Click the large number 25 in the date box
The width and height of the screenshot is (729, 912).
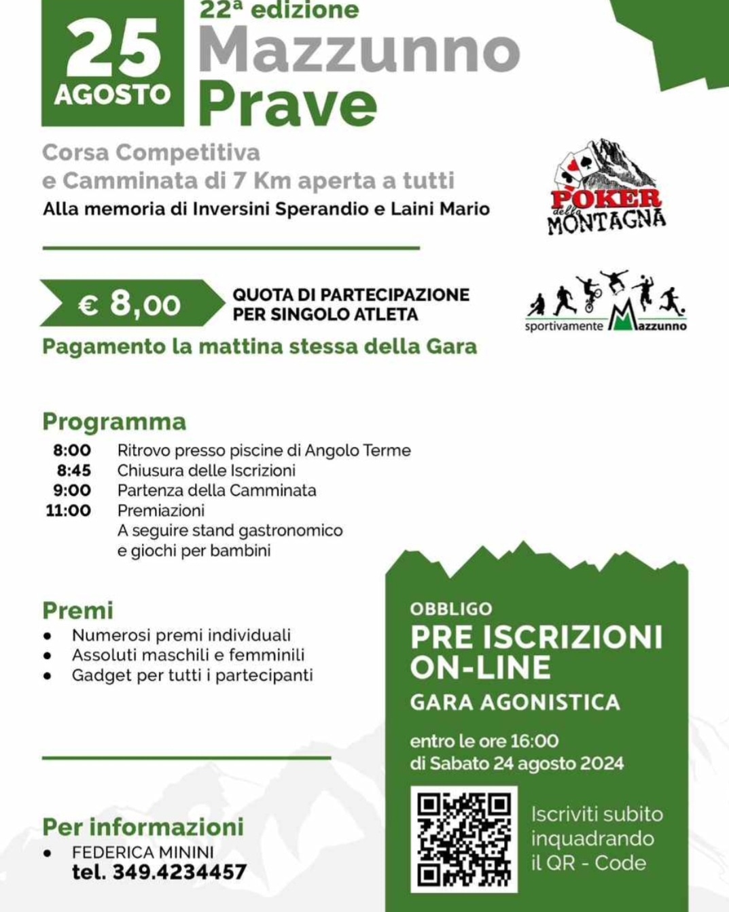pos(113,49)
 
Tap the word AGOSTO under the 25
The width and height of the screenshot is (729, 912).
pos(113,95)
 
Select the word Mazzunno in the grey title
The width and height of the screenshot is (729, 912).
pos(359,51)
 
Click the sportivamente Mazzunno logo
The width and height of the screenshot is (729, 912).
pos(606,302)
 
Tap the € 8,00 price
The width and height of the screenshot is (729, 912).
pos(130,303)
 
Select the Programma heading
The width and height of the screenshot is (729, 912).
pos(114,422)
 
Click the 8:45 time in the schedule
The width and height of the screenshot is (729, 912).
pos(73,471)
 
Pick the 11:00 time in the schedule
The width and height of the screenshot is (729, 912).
pos(68,510)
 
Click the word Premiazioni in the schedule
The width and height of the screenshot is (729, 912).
pos(160,510)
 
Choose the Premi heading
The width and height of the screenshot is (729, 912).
pos(77,610)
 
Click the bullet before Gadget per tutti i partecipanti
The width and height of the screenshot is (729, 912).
pos(47,676)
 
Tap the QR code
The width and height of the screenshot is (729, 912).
pos(464,839)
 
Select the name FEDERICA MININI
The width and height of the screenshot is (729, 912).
pos(143,852)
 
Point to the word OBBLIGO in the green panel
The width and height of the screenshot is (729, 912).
pos(451,609)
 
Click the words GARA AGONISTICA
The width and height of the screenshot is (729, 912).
pos(515,702)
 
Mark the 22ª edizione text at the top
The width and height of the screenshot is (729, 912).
pos(279,10)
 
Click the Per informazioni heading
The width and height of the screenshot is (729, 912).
pos(143,827)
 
